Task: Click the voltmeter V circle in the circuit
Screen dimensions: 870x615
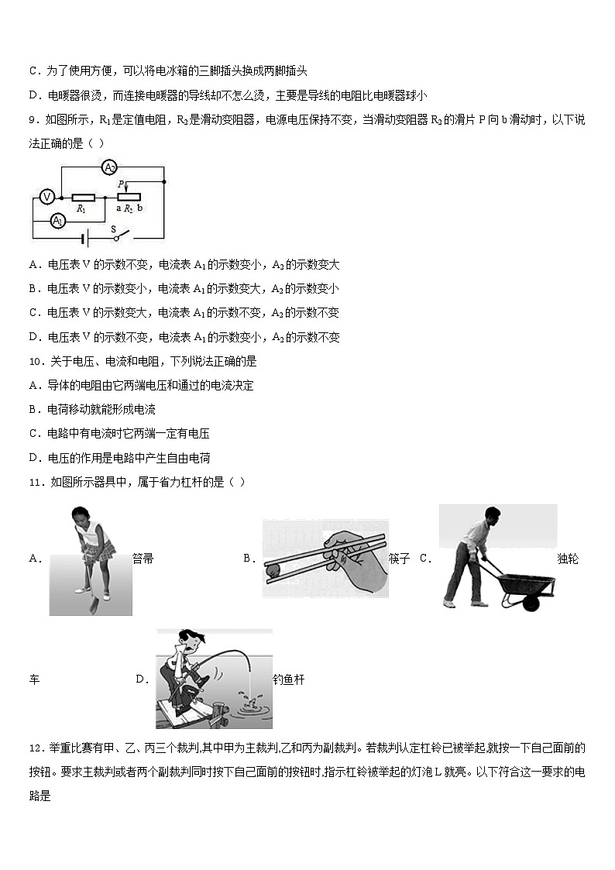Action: tap(46, 197)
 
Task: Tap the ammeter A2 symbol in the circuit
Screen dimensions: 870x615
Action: tap(110, 167)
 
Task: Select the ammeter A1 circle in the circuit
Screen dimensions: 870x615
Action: tap(57, 221)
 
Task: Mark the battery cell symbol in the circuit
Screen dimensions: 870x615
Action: tap(84, 238)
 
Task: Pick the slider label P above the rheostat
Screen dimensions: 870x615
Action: tap(121, 184)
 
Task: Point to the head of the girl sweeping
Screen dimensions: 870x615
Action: tap(81, 514)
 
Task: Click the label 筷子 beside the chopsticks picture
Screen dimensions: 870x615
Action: tap(399, 559)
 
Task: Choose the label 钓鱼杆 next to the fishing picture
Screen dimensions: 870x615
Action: tap(289, 679)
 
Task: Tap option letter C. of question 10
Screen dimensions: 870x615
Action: tap(35, 434)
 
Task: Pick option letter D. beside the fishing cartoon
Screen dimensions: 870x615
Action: tap(142, 679)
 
